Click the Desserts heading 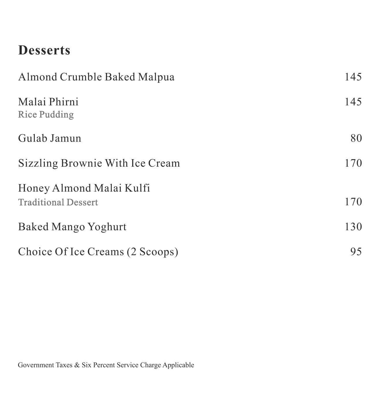(x=44, y=50)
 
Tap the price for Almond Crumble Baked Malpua (x=353, y=77)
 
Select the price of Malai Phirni (x=353, y=102)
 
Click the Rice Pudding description (x=46, y=115)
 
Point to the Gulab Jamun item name (x=50, y=138)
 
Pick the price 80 (x=356, y=138)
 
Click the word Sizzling (x=38, y=163)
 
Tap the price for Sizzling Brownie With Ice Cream (x=353, y=163)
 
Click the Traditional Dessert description (x=58, y=202)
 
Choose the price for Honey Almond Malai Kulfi (x=353, y=201)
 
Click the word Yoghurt (x=107, y=227)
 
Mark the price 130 (x=353, y=226)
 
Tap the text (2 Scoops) (x=152, y=252)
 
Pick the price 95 (x=356, y=251)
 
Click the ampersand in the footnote (x=77, y=365)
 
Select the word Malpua (x=156, y=77)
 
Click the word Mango (x=68, y=227)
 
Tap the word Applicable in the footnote (x=178, y=365)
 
